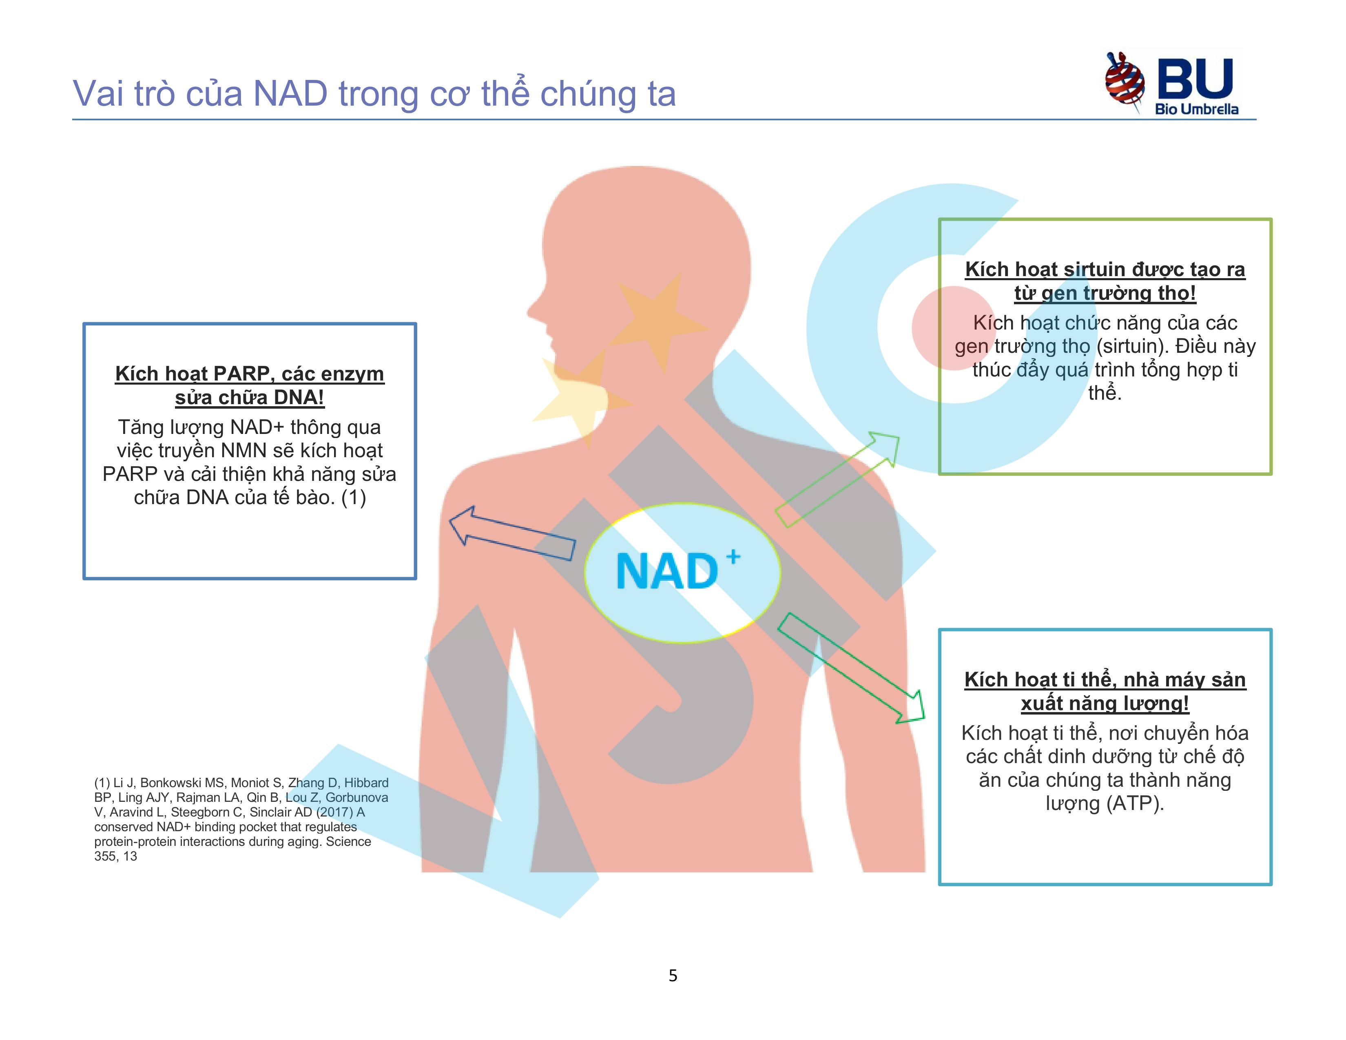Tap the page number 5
pyautogui.click(x=673, y=975)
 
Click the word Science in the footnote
pyautogui.click(x=348, y=842)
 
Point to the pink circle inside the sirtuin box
pyautogui.click(x=954, y=328)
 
